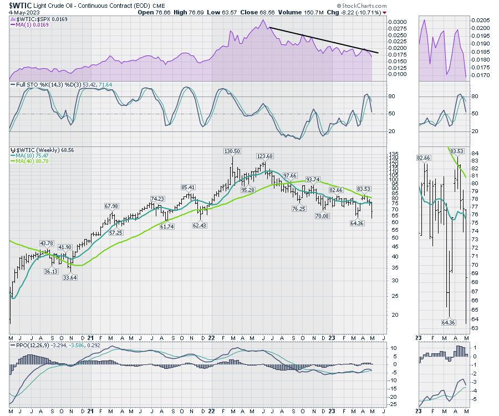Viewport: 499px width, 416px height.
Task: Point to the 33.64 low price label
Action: point(69,278)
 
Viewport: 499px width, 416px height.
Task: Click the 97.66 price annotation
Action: point(291,176)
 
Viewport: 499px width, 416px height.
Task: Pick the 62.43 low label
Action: point(200,225)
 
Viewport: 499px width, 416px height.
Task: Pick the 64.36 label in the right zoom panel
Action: point(448,322)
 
